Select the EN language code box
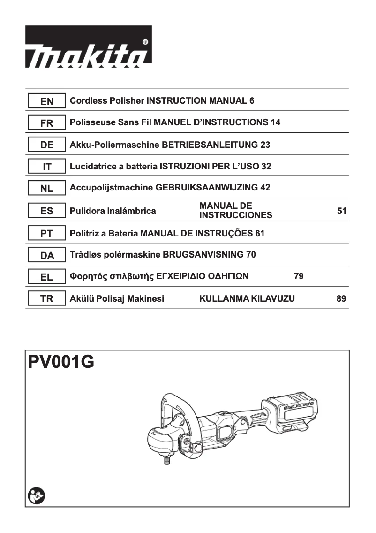tap(46, 101)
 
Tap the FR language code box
tap(46, 123)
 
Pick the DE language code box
tap(46, 145)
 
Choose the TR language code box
tap(46, 299)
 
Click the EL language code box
tap(46, 277)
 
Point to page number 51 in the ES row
tap(342, 211)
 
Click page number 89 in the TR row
tap(342, 299)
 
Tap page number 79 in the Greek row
tap(299, 276)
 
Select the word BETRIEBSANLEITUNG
tap(210, 145)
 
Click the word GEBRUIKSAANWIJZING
tap(206, 188)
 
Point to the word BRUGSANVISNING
tap(203, 255)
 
